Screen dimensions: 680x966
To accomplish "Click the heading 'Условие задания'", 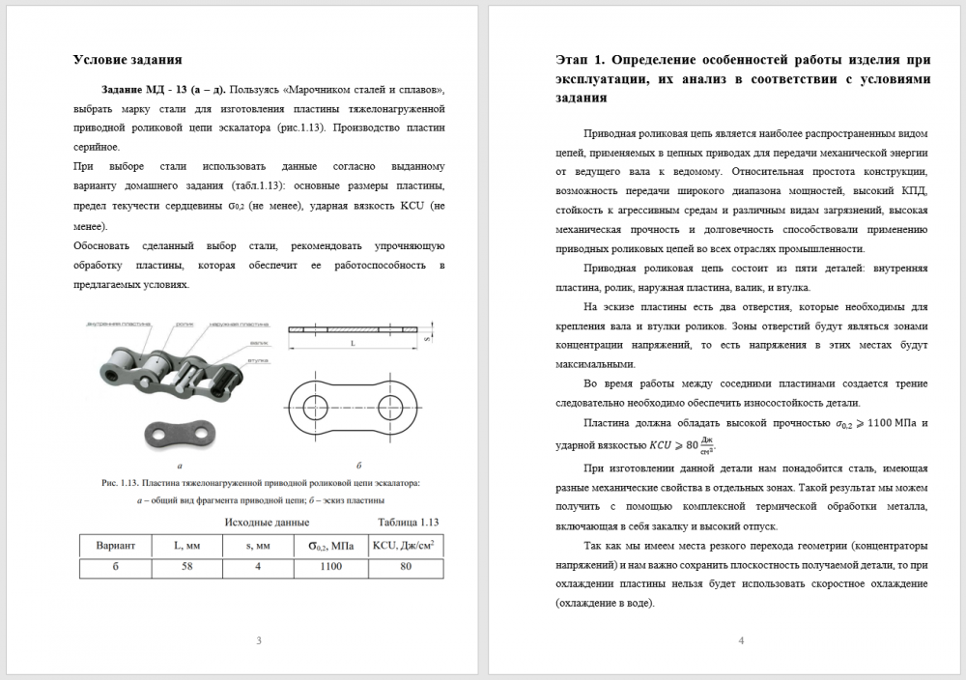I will coord(128,60).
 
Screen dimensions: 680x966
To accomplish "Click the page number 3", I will coord(258,640).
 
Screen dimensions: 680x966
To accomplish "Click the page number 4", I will coord(740,640).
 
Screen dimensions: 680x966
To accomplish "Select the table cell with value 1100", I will coord(331,568).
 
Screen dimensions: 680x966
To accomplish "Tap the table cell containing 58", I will coord(187,568).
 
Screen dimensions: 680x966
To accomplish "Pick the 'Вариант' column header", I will coord(115,546).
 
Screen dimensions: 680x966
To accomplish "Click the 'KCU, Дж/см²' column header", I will coord(403,546).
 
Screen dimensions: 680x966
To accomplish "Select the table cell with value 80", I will coord(405,568).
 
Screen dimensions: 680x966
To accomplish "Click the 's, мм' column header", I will coord(258,546).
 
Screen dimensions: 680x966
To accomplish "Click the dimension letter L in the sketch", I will coord(354,343).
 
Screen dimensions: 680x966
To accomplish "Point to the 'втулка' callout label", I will coord(257,361).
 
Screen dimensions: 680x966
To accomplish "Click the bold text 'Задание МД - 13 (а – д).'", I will coord(160,89).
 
